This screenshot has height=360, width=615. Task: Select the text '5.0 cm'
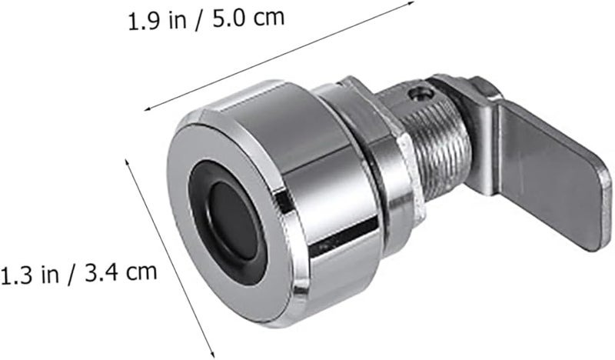248,18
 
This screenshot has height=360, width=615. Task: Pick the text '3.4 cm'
121,272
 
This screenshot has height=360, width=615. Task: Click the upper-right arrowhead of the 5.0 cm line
411,3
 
